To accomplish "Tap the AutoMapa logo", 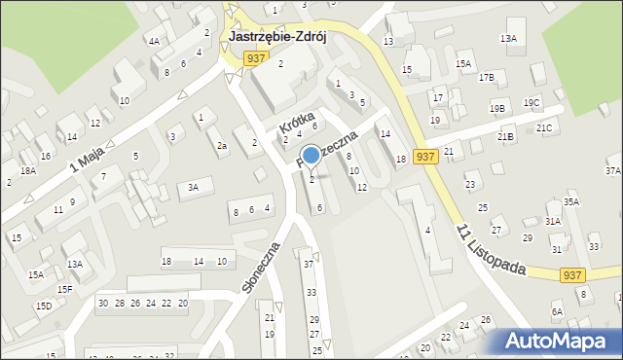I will [556, 341].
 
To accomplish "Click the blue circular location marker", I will [311, 155].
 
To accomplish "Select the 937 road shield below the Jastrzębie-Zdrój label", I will [256, 58].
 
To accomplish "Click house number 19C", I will [531, 102].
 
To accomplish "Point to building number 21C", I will [544, 127].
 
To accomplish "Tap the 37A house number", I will [612, 170].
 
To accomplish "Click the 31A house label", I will [553, 221].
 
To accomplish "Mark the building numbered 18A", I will [29, 170].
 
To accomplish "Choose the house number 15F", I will [64, 289].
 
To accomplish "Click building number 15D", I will [44, 306].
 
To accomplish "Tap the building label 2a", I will [222, 146].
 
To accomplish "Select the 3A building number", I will [194, 187].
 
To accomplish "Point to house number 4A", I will [154, 41].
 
